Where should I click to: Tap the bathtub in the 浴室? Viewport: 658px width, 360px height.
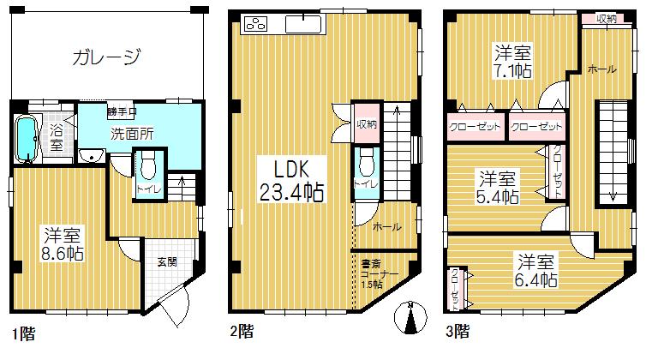[x=27, y=137]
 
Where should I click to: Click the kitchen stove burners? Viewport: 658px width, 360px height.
[x=256, y=24]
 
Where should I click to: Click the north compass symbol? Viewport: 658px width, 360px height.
[x=411, y=320]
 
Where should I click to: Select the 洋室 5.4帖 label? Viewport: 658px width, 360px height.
[x=498, y=188]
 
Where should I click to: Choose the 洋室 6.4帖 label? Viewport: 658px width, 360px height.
[x=536, y=270]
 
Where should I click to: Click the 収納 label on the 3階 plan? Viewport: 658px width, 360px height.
[x=606, y=18]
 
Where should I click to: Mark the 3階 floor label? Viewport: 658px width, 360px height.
[x=457, y=330]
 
